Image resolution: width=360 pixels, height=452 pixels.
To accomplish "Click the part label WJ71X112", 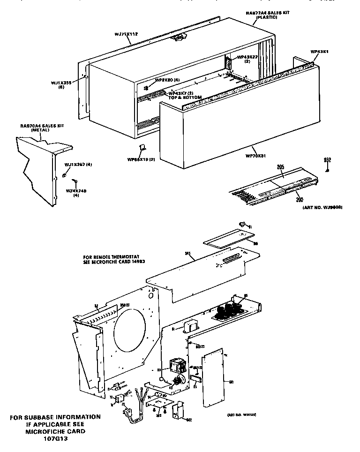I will pyautogui.click(x=126, y=34).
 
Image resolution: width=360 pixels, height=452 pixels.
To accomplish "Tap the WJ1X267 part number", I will pyautogui.click(x=78, y=164).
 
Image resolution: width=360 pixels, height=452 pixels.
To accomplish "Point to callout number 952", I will pyautogui.click(x=328, y=160).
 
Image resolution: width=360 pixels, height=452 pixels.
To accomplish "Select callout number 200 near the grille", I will pyautogui.click(x=300, y=199).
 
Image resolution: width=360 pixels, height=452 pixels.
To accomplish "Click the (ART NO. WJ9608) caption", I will pyautogui.click(x=318, y=207).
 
